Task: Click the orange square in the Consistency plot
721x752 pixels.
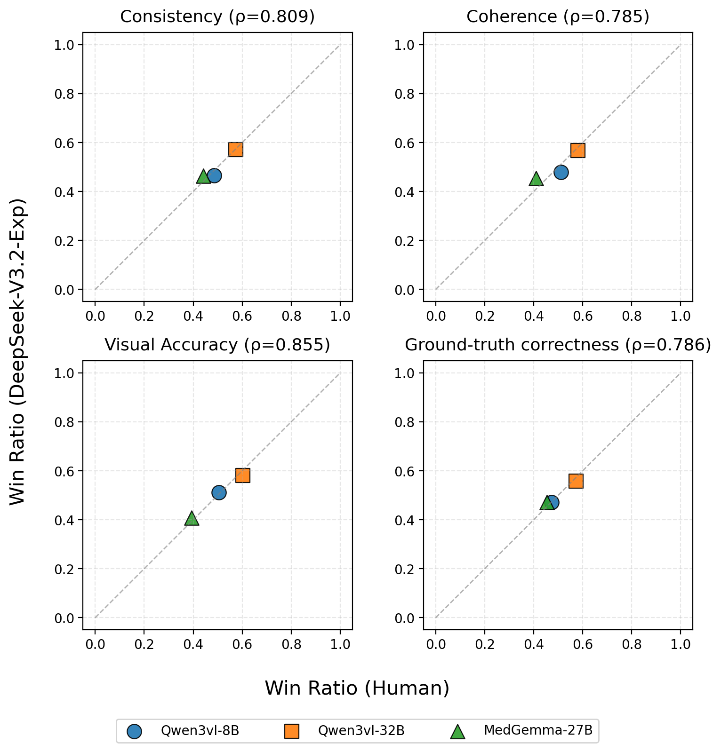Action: coord(236,150)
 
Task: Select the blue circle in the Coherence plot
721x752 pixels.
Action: coord(561,172)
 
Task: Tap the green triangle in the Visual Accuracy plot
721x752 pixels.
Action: coord(192,519)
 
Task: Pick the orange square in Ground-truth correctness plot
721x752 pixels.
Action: coord(576,481)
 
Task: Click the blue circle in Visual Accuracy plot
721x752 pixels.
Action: coord(219,492)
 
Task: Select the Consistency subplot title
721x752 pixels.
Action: coord(217,17)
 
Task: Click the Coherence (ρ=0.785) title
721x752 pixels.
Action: coord(558,17)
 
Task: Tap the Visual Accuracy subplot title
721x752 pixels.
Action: coord(217,345)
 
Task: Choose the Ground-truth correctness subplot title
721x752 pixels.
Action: coord(558,345)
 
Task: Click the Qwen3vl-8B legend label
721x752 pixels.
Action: coord(200,730)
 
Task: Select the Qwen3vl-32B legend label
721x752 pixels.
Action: coord(361,730)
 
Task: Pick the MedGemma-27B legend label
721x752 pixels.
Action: coord(538,730)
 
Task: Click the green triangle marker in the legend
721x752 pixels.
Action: coord(457,731)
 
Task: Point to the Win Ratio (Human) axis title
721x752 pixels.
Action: coord(357,688)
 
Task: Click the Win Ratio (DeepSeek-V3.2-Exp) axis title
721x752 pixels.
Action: coord(18,351)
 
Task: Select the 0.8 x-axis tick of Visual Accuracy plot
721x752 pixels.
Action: coord(291,644)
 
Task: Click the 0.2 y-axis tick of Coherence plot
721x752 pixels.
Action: coord(403,241)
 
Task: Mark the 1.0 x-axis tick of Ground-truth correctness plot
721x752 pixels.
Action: coord(680,644)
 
